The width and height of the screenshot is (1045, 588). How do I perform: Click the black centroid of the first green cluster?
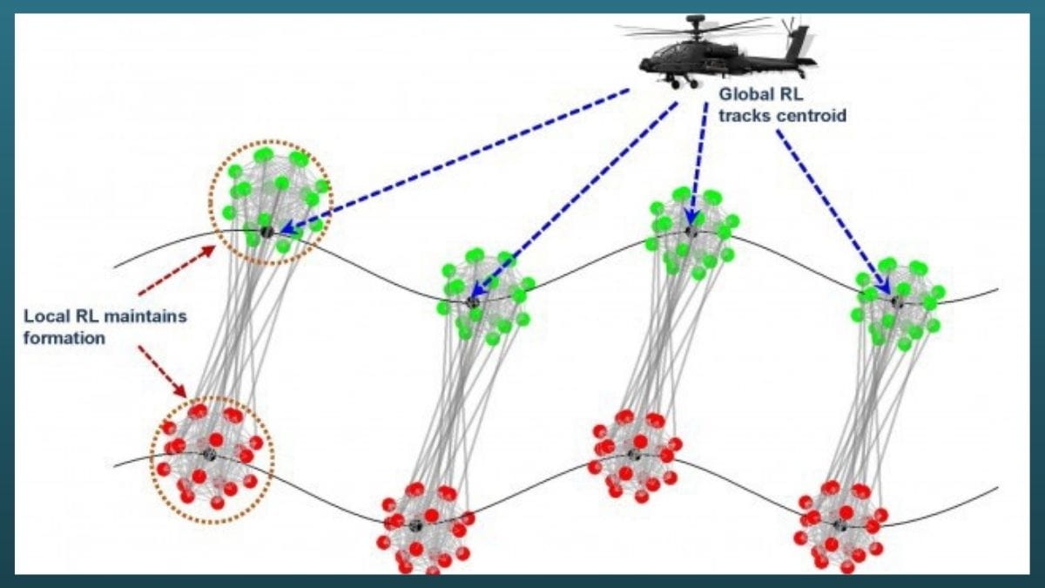[266, 231]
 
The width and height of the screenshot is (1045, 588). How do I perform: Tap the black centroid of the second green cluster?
[474, 301]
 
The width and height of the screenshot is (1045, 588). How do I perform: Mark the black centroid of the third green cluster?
[691, 232]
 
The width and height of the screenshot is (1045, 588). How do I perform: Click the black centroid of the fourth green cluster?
[894, 301]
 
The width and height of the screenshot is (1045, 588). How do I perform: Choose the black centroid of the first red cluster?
[209, 454]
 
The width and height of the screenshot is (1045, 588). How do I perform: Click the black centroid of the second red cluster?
[415, 524]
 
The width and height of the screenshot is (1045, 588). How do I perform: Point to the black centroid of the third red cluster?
[634, 454]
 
